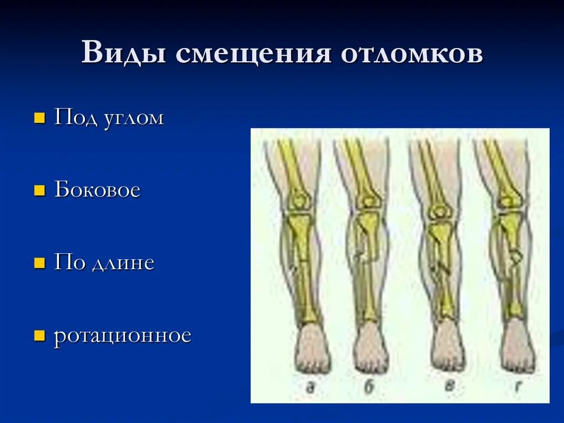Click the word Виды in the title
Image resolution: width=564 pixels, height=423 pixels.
pyautogui.click(x=124, y=54)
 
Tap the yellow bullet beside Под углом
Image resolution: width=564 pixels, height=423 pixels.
pyautogui.click(x=39, y=119)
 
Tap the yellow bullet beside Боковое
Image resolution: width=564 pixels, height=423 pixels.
pyautogui.click(x=39, y=191)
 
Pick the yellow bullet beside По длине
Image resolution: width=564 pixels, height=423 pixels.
pyautogui.click(x=39, y=263)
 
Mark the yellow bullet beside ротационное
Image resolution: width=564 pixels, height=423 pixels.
pyautogui.click(x=39, y=336)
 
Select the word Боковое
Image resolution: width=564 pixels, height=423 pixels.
pyautogui.click(x=97, y=190)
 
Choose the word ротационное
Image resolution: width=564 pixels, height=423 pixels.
pyautogui.click(x=122, y=336)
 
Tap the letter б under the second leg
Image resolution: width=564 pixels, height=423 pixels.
pyautogui.click(x=370, y=387)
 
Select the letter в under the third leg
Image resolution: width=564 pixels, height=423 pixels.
pyautogui.click(x=450, y=387)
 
